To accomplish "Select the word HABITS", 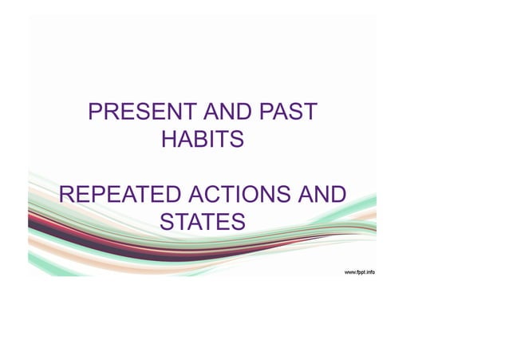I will click(203, 140).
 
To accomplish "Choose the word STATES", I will click(203, 222).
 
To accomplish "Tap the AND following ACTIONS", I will click(322, 195).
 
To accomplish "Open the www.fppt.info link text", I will click(359, 272).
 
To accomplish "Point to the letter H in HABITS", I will click(170, 140).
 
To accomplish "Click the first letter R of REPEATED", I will click(68, 195).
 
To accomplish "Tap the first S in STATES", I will click(168, 222).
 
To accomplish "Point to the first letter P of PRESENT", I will click(95, 112).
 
